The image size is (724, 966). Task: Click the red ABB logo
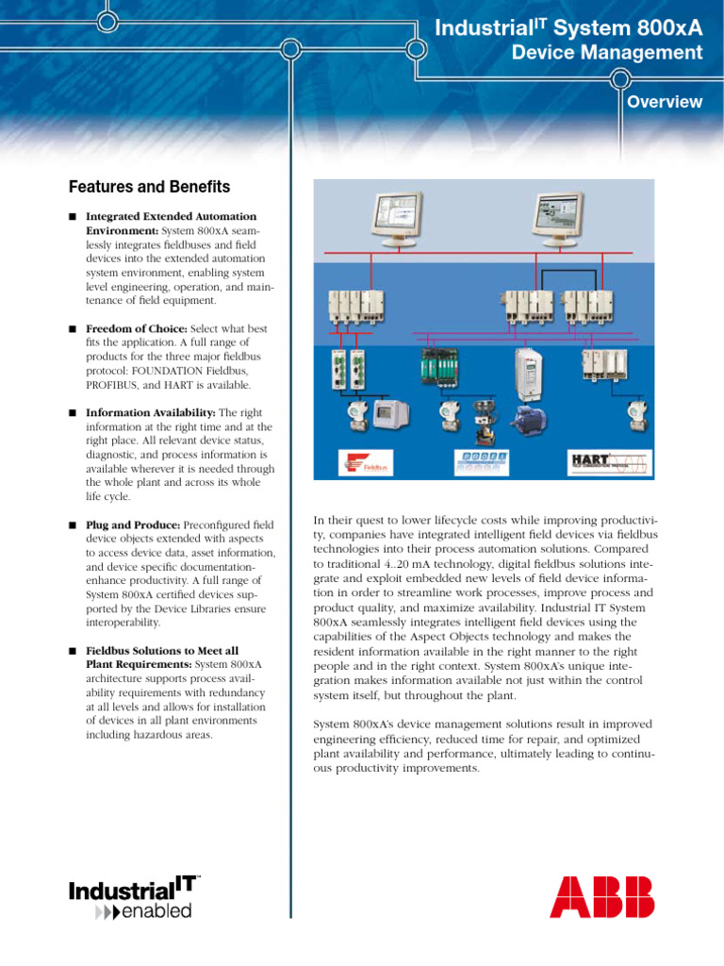point(601,897)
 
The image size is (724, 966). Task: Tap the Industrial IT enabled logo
point(134,898)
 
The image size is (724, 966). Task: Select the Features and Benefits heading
point(149,188)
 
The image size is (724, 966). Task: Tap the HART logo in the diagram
point(609,461)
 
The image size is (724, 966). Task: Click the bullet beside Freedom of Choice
point(72,329)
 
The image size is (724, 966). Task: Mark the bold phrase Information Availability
point(151,413)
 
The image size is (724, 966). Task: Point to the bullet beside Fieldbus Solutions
point(72,651)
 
